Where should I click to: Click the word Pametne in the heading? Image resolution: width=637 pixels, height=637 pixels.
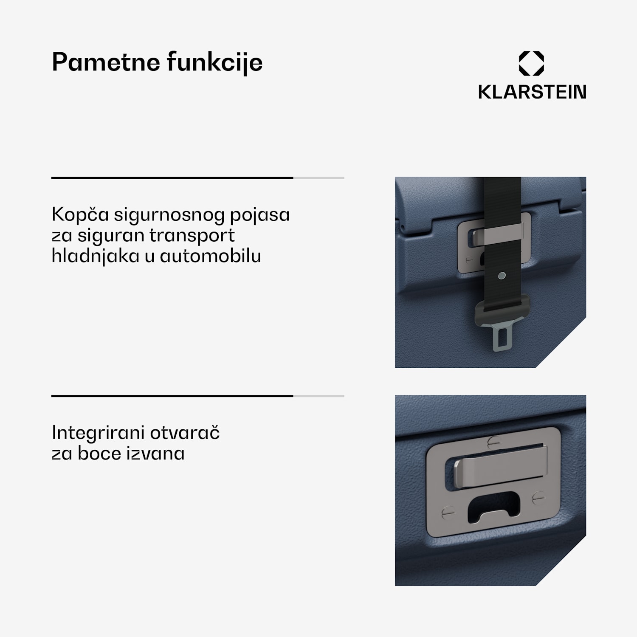click(x=105, y=62)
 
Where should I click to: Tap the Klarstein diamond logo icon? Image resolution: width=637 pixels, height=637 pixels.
click(x=531, y=64)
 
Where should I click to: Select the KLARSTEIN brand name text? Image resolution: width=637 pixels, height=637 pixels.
click(x=532, y=92)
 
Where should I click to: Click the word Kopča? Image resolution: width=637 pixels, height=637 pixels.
click(x=80, y=214)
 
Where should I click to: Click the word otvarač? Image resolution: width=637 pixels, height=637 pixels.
click(x=185, y=432)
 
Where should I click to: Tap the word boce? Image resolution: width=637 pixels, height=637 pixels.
click(x=96, y=453)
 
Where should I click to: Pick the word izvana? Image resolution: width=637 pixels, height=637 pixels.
click(x=152, y=453)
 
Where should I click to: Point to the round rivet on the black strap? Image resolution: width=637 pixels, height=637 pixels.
click(x=502, y=276)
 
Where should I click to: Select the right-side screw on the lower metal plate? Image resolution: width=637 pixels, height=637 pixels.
click(x=538, y=497)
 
